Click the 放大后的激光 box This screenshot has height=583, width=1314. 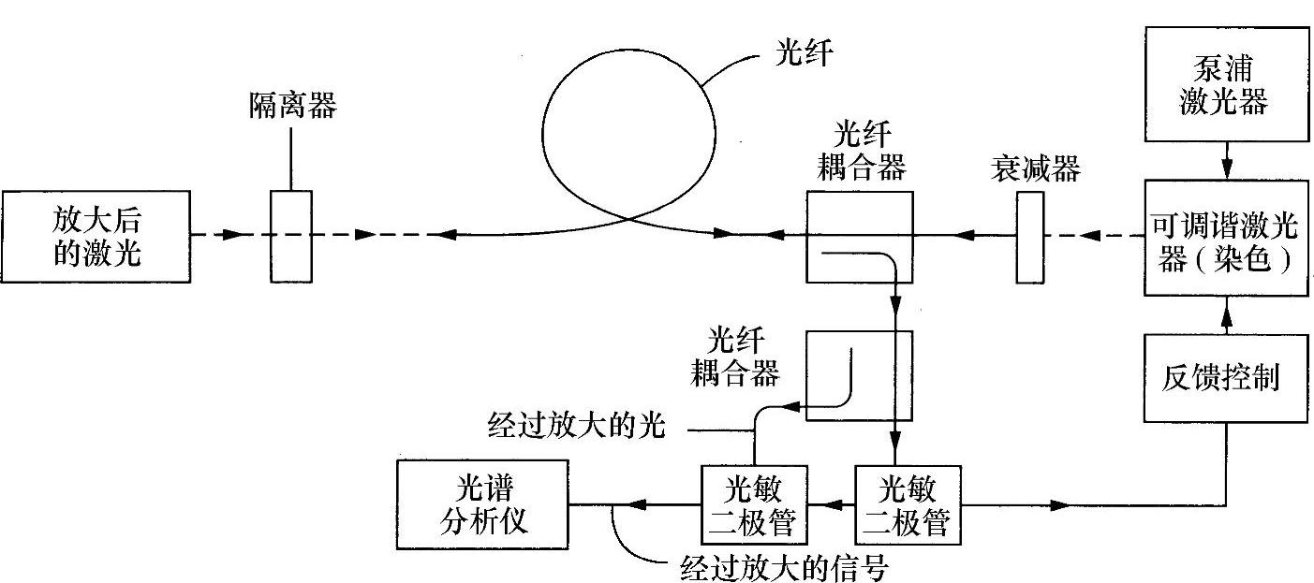click(96, 237)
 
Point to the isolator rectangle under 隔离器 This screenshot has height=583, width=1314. click(290, 236)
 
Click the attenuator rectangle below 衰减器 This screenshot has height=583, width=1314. click(1029, 236)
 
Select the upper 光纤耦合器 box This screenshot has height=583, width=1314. click(859, 236)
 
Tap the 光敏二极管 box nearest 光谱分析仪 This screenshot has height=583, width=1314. click(755, 505)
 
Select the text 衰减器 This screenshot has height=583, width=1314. click(1034, 169)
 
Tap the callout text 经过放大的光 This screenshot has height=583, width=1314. click(576, 427)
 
